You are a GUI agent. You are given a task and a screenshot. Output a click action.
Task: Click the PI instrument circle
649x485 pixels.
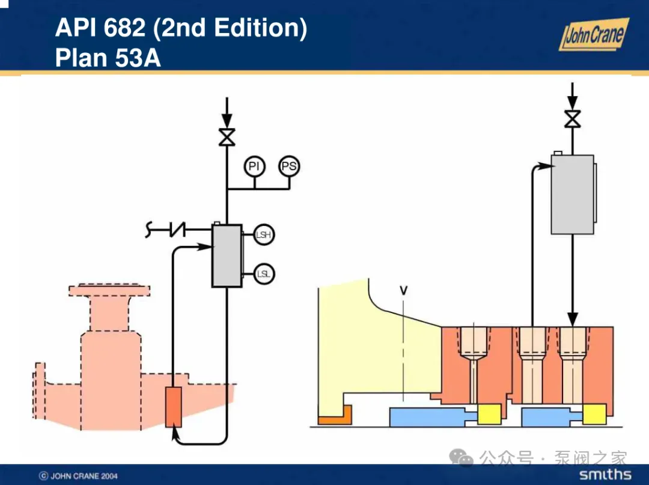254,166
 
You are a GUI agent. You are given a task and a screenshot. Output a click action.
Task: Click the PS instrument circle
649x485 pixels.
289,166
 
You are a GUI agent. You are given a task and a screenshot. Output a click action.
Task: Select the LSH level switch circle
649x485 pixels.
264,234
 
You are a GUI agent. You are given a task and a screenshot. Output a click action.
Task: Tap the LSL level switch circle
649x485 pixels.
264,273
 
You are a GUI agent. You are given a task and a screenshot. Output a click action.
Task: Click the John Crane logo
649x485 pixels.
594,34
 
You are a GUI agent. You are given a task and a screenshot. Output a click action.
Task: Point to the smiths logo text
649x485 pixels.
605,474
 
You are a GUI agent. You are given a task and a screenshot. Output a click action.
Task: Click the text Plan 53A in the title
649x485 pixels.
108,58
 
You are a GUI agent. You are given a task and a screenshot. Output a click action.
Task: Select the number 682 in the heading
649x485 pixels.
124,28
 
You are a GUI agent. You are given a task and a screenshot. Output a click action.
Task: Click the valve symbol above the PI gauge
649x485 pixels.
227,137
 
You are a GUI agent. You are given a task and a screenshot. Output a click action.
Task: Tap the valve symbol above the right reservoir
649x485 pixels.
573,119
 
